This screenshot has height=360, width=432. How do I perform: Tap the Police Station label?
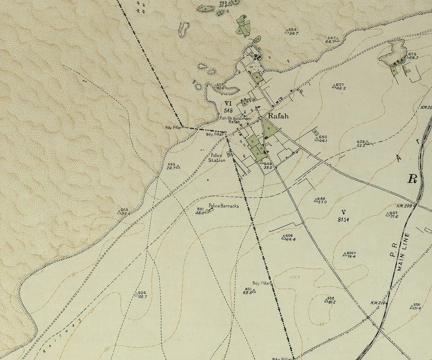pos(217,158)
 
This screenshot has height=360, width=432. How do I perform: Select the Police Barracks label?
pos(224,205)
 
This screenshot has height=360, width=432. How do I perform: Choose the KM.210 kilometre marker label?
pos(378,303)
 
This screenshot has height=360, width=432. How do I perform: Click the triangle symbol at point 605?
pos(119,212)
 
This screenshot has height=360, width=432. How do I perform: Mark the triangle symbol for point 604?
pos(137,294)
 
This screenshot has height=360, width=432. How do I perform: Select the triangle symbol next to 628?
pos(368,143)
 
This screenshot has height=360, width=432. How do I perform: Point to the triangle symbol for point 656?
pos(411,307)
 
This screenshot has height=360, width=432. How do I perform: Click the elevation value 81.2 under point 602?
pos(331,302)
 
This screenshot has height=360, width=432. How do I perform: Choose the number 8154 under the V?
pos(343,220)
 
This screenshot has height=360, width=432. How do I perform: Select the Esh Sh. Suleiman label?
pos(235,118)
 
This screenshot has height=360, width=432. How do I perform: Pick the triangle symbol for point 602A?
pos(345,253)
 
